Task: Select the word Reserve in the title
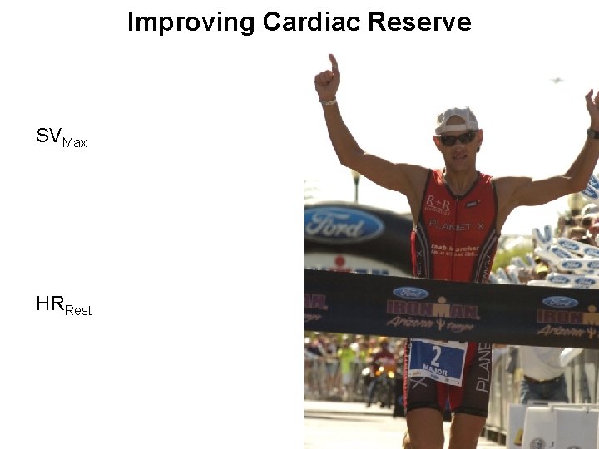point(419,22)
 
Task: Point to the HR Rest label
point(63,305)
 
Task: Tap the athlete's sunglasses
point(458,138)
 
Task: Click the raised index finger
point(334,63)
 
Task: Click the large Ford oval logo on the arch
point(344,224)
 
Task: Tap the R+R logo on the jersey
point(438,203)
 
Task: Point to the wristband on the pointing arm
point(329,101)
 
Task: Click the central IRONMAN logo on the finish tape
point(432,308)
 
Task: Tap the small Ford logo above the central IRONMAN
point(410,293)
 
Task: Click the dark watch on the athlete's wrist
point(592,133)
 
